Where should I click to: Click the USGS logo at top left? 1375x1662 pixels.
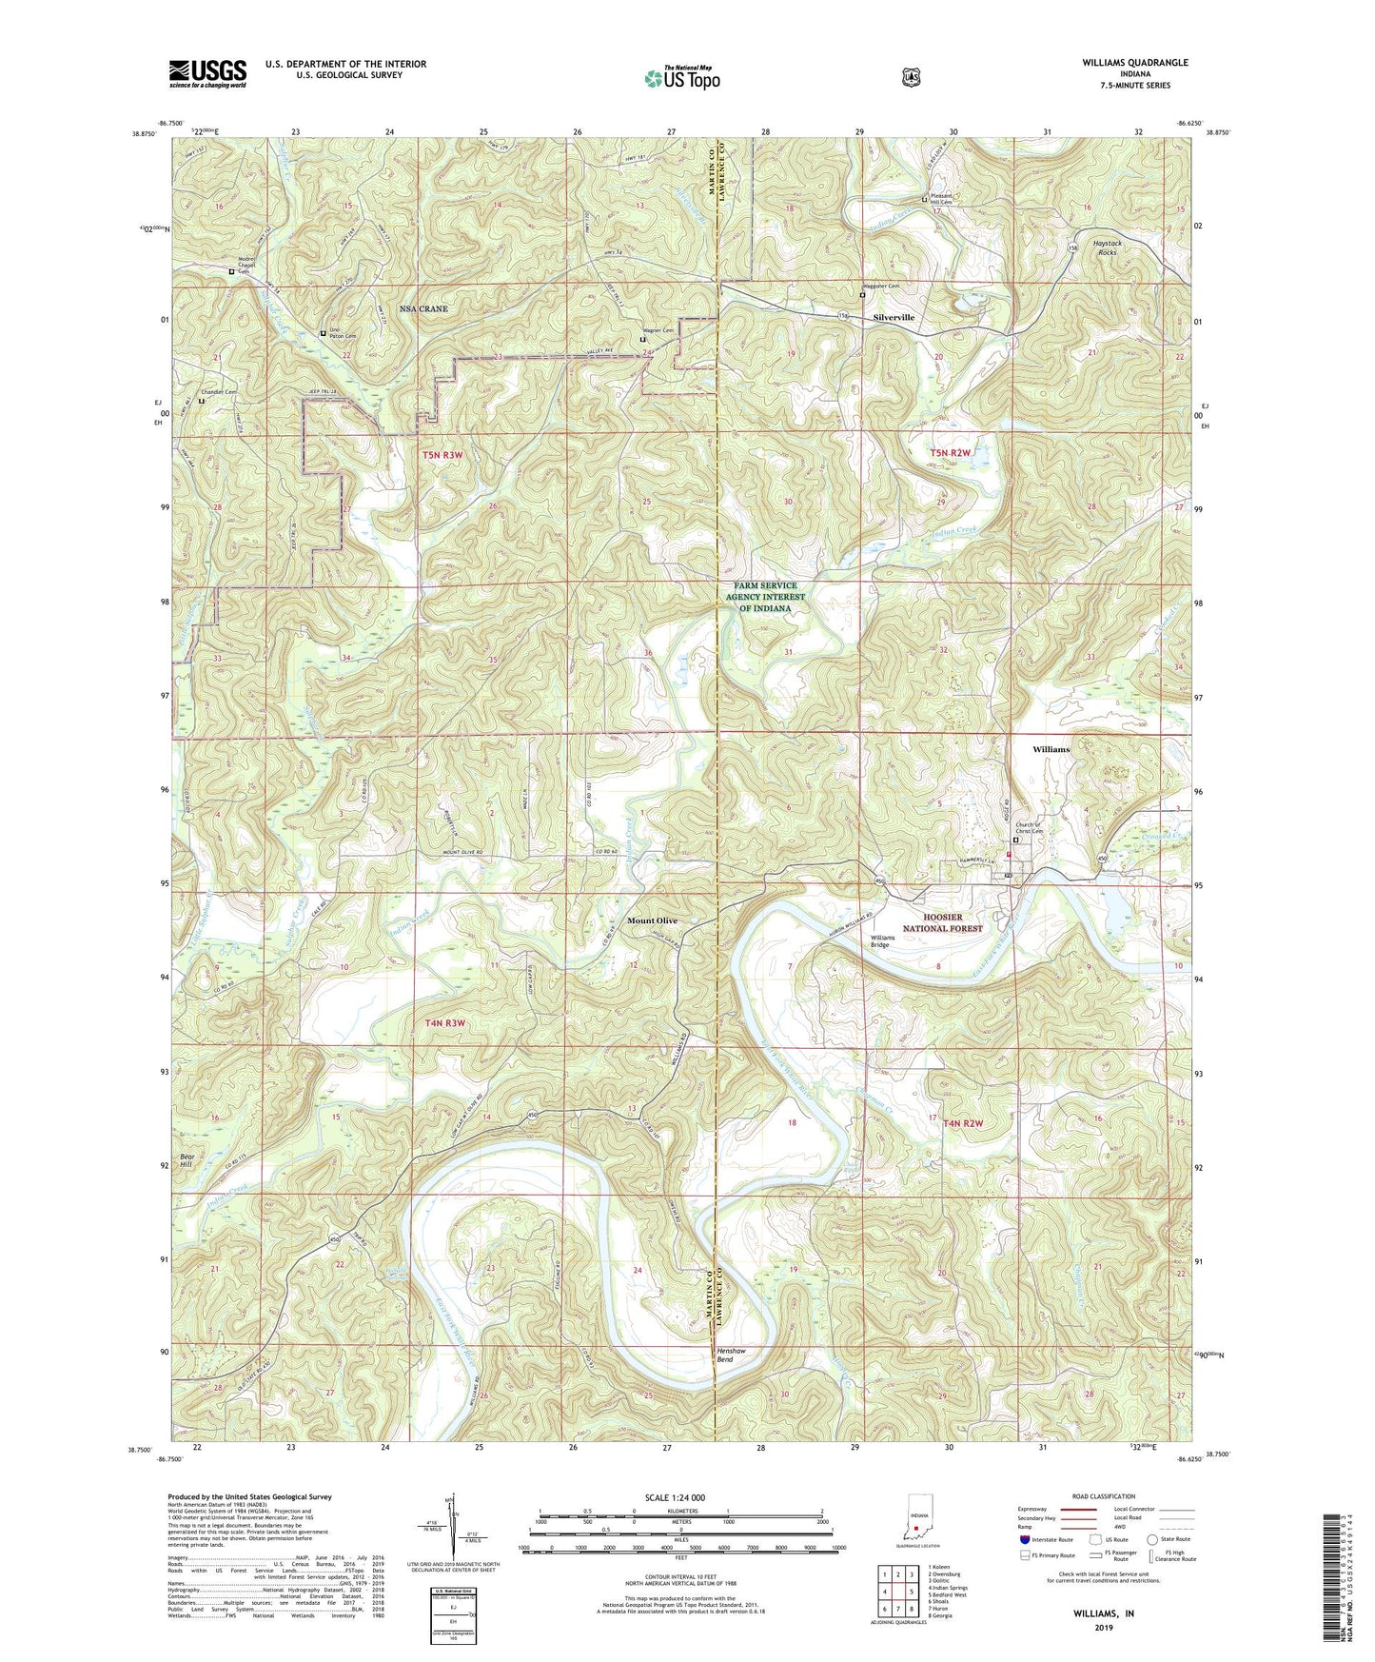(x=207, y=73)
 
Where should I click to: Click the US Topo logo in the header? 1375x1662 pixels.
(x=681, y=78)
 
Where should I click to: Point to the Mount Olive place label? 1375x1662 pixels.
(x=652, y=920)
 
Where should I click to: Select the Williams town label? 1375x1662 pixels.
(x=1051, y=749)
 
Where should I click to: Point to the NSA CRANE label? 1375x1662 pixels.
(x=423, y=309)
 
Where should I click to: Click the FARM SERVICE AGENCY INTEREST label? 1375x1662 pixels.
(x=765, y=597)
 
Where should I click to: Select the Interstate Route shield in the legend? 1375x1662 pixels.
(x=1024, y=1538)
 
